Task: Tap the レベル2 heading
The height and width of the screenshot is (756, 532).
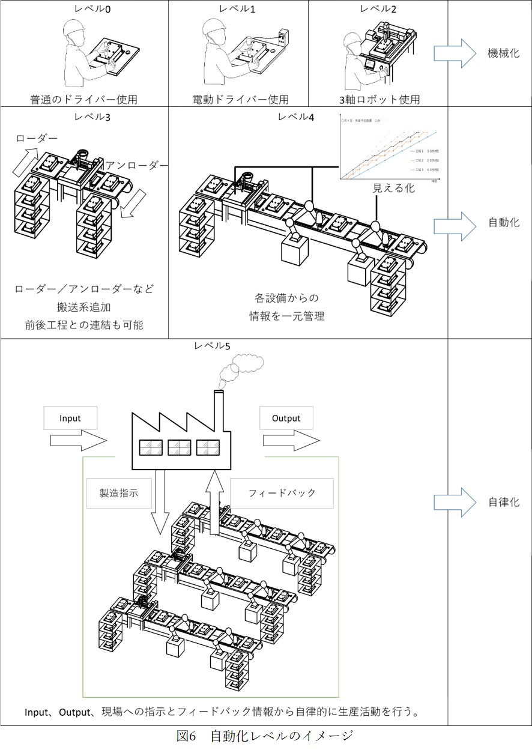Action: coord(378,8)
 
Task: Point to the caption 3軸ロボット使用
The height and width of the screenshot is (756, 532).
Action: coord(378,99)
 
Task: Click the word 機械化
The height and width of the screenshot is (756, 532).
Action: coord(503,52)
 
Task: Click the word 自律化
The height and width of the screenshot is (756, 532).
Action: coord(503,502)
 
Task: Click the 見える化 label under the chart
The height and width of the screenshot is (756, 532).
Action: coord(394,187)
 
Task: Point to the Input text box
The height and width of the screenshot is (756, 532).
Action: coord(70,418)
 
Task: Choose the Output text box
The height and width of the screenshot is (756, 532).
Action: coord(286,418)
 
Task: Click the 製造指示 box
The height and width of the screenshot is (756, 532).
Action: coord(119,493)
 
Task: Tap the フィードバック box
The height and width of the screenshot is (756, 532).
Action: coord(282,493)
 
